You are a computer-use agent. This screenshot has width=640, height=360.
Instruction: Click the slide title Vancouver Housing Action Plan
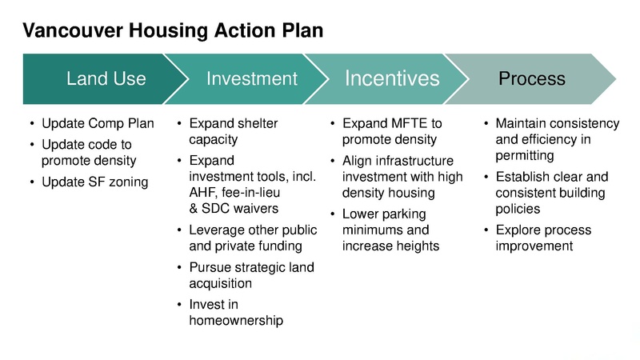click(x=173, y=30)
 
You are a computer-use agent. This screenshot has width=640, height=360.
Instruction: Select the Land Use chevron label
click(x=106, y=78)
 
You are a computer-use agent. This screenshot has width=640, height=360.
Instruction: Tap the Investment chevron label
click(x=251, y=78)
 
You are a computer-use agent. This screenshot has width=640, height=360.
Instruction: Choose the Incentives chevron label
click(x=392, y=78)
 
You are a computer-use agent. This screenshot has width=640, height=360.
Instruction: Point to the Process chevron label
click(x=531, y=78)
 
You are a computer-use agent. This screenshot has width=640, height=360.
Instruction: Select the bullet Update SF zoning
click(x=94, y=182)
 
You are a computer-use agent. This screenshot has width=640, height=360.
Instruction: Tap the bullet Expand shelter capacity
click(x=233, y=131)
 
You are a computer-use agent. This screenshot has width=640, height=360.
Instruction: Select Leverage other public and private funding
click(x=252, y=238)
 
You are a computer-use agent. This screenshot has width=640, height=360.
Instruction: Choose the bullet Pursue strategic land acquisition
click(x=251, y=275)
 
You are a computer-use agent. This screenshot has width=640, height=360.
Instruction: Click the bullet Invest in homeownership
click(x=236, y=313)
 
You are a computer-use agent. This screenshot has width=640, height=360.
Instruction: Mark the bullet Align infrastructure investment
click(x=402, y=177)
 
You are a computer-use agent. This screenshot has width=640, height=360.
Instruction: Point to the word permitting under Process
click(x=524, y=155)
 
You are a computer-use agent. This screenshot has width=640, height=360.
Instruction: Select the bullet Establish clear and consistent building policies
click(x=551, y=193)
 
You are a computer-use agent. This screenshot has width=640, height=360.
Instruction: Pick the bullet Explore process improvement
click(x=543, y=238)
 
